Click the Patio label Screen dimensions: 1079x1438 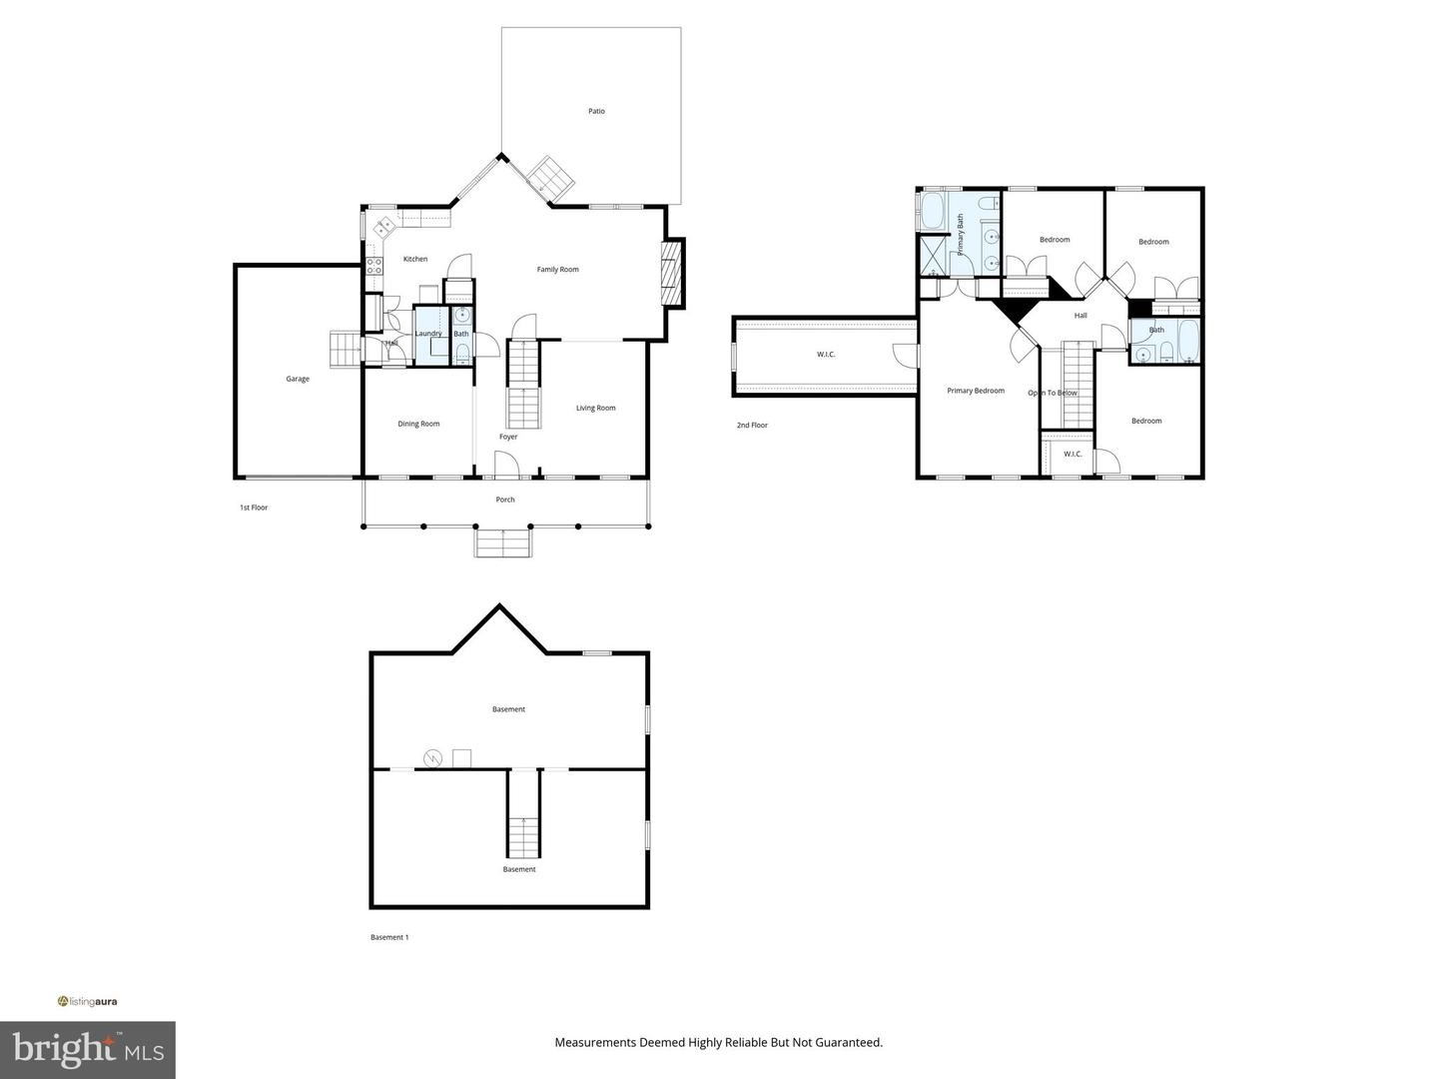(x=596, y=111)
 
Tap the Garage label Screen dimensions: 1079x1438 (x=298, y=379)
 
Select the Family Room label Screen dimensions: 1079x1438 (x=557, y=269)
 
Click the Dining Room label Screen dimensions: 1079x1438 (x=418, y=424)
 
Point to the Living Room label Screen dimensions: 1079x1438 (x=595, y=408)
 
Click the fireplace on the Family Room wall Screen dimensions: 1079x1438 (x=673, y=272)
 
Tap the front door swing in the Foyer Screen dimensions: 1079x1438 (x=506, y=464)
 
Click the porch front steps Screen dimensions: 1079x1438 (x=502, y=543)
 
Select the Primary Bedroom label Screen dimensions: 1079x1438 (x=976, y=391)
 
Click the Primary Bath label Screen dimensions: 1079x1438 (x=961, y=235)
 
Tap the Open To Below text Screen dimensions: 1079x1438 (x=1053, y=393)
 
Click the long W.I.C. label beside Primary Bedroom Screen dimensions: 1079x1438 (x=826, y=354)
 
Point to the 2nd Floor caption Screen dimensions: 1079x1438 (x=752, y=426)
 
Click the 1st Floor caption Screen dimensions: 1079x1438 (x=254, y=508)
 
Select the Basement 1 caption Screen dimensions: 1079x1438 (x=389, y=937)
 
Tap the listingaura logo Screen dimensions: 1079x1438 (x=88, y=1001)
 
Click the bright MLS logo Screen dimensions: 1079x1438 (x=87, y=1049)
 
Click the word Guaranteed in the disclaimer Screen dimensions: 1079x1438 (x=849, y=1042)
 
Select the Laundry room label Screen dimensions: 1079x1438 (x=428, y=334)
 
